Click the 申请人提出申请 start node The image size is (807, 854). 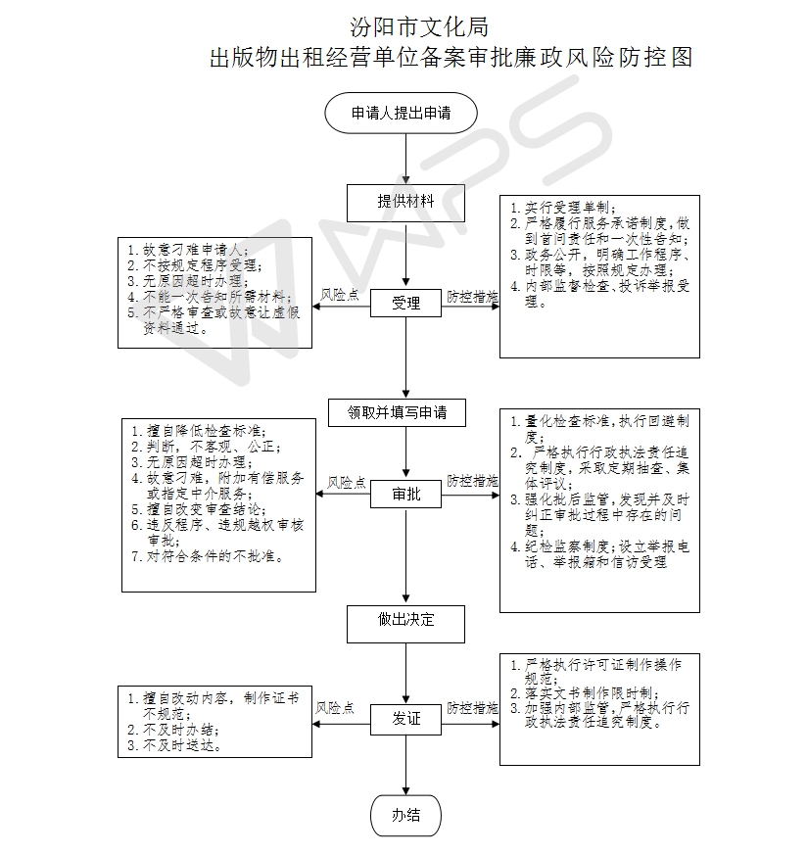coord(401,114)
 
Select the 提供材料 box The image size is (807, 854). coord(405,203)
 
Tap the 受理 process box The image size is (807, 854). coord(405,303)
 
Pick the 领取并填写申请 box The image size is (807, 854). coord(397,412)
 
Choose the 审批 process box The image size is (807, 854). coord(405,494)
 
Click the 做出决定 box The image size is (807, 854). coord(405,624)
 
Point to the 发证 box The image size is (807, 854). coord(405,720)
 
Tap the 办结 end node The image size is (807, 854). coord(405,816)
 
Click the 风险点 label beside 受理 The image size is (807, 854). coord(340,295)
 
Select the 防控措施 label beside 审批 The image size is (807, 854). coord(473,481)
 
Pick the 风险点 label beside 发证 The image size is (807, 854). coord(335,707)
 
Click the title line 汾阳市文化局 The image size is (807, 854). coord(419,27)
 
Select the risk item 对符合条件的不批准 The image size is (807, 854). coord(215,556)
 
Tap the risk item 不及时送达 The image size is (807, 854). coord(182,745)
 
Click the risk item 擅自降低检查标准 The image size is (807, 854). coord(207,431)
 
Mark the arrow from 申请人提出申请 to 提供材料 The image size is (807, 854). coord(405,159)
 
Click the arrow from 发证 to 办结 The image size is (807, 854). coord(405,765)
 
